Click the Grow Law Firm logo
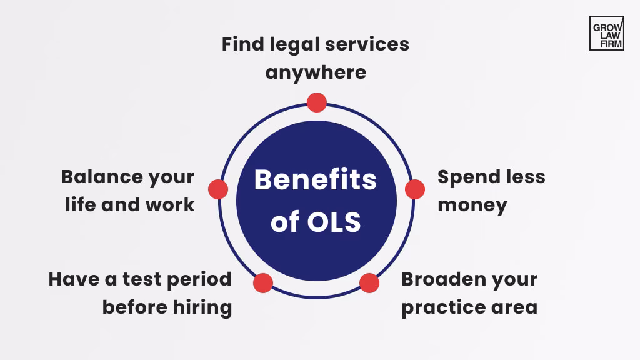[606, 33]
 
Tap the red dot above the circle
[317, 102]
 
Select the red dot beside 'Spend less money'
[415, 189]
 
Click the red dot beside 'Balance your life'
[218, 189]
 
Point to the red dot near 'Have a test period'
[263, 282]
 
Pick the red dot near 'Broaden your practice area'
[369, 282]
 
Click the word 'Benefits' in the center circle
[316, 180]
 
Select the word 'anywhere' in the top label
[316, 72]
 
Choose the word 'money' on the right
[472, 205]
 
